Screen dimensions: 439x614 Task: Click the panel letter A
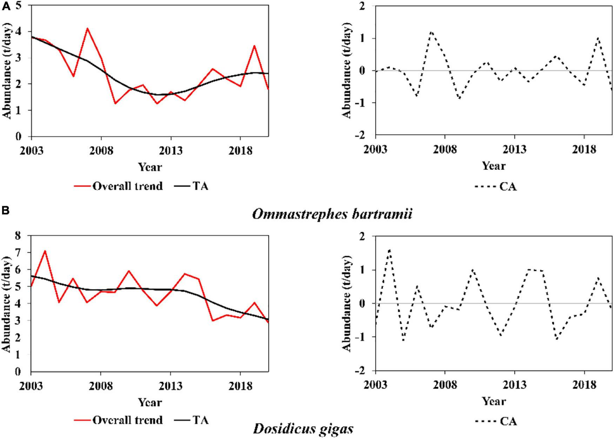pyautogui.click(x=6, y=7)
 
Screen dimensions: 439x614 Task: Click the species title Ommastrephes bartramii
pyautogui.click(x=331, y=214)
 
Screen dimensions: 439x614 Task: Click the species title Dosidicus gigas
pyautogui.click(x=303, y=428)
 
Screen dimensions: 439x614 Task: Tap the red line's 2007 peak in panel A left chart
pyautogui.click(x=87, y=28)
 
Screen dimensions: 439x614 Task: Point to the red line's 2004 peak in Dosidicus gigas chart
pyautogui.click(x=45, y=251)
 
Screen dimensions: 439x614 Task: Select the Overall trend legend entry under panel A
pyautogui.click(x=119, y=186)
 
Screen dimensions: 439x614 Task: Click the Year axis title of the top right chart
pyautogui.click(x=493, y=166)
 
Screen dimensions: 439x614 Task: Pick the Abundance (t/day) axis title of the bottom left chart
pyautogui.click(x=7, y=304)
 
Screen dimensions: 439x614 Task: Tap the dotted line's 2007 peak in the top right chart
pyautogui.click(x=431, y=32)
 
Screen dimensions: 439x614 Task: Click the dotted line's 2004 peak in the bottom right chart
pyautogui.click(x=389, y=250)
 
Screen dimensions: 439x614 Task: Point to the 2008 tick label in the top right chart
pyautogui.click(x=445, y=150)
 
